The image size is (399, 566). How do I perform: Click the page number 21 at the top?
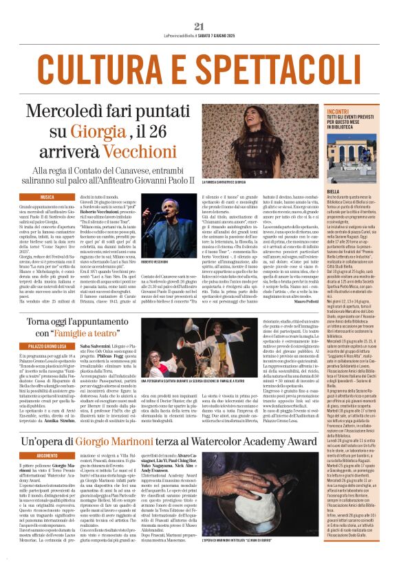click(199, 26)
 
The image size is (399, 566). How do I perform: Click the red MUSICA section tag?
click(47, 197)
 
